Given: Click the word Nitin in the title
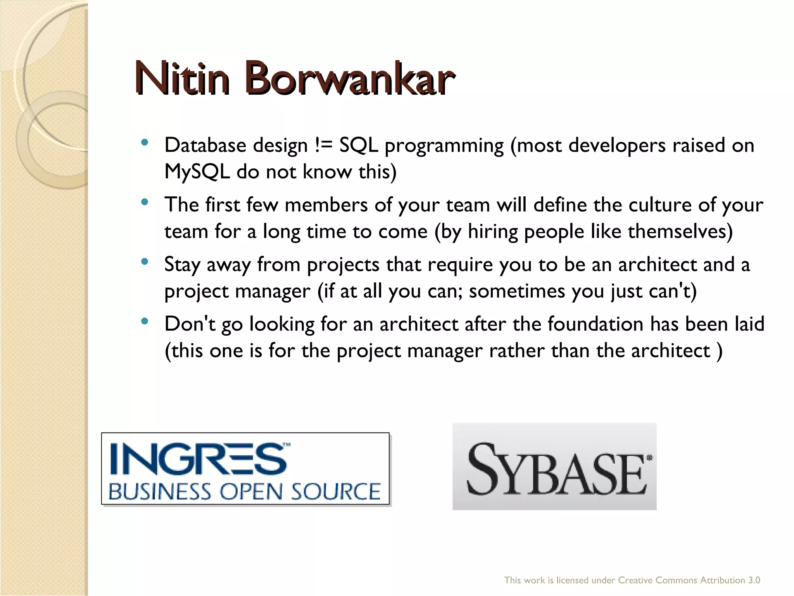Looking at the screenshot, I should pos(182,78).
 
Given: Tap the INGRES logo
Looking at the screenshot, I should pos(245,468).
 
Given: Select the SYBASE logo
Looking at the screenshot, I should pos(554,466).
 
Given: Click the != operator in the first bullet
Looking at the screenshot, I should pos(323,146).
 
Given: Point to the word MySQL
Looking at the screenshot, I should pos(197,172).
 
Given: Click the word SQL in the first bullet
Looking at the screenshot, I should pos(359,146).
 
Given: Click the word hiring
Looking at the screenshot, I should pos(493,232).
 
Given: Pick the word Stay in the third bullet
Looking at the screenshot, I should pos(182,265).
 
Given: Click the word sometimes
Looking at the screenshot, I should pos(517,291).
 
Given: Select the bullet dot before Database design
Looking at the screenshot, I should pos(145,142).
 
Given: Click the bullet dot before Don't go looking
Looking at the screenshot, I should pos(145,321).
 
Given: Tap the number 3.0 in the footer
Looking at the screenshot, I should pos(754,580).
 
